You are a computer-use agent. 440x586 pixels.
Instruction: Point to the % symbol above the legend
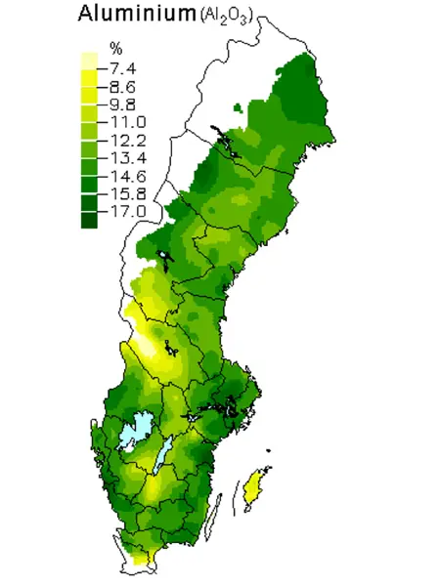coord(115,49)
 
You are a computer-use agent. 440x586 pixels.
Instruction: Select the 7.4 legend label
coord(127,67)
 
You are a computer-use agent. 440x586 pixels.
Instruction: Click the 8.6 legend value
coord(127,86)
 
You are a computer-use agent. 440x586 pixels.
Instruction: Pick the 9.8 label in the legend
coord(127,104)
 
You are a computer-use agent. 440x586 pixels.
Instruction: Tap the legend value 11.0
coord(127,121)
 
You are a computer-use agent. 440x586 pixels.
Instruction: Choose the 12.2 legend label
coord(127,140)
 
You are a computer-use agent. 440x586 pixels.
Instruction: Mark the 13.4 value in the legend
coord(127,157)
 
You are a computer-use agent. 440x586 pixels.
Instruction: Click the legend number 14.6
coord(127,176)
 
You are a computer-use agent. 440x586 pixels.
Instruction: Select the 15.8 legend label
coord(127,193)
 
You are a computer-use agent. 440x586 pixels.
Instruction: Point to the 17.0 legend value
coord(127,211)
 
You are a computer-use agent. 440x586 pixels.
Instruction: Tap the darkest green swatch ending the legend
coord(89,221)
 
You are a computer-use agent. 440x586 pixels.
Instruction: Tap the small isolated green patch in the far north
coord(238,108)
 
